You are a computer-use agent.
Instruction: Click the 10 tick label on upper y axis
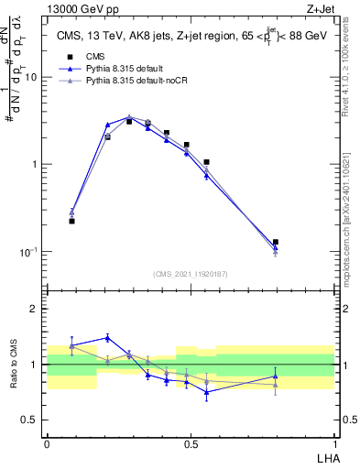click(30, 78)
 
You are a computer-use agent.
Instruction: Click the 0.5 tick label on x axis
click(190, 443)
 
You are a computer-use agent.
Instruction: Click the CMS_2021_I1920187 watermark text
click(190, 274)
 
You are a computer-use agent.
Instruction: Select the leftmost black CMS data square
click(71, 221)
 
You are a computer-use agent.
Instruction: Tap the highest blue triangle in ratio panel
click(108, 337)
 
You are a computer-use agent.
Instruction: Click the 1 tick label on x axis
click(333, 443)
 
